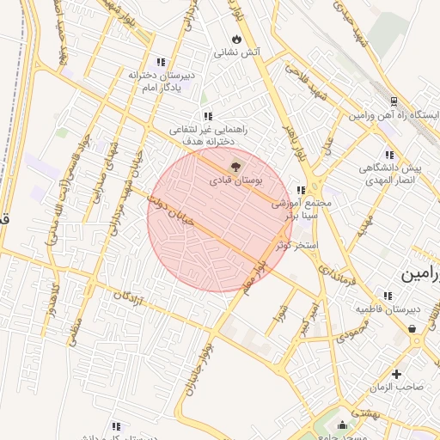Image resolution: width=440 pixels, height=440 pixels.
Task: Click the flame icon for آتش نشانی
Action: [x=237, y=39]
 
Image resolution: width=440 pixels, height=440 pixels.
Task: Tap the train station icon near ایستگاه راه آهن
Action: [x=393, y=100]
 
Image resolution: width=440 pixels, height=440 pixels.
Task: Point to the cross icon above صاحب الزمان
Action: [x=396, y=374]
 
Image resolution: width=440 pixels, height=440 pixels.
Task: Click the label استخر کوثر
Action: [x=296, y=246]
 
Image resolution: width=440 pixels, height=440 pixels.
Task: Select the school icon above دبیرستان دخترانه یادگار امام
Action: [x=161, y=62]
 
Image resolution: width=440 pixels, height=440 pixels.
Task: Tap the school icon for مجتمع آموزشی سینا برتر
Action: [x=300, y=191]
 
